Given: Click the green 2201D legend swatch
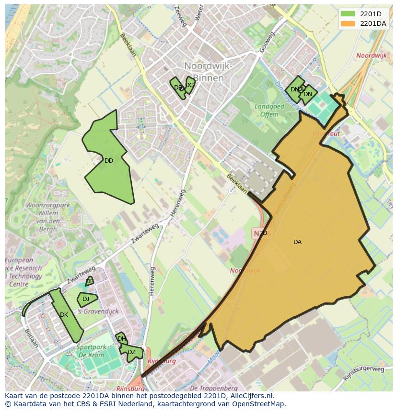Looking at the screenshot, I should pos(348,13).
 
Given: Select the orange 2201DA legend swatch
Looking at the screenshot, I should pos(348,23).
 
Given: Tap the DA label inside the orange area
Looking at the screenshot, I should pos(297,242).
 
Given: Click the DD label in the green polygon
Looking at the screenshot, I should pos(109,161).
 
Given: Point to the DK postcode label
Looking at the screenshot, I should pos(64,315).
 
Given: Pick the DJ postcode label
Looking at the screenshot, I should pos(86,299).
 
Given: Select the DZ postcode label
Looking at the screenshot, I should pos(131,352).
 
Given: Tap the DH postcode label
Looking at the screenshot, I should pos(122,339).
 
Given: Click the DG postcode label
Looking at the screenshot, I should pos(189,85).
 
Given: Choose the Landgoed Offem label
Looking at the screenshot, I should pos(269,111).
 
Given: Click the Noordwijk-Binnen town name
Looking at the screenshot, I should pos(208,71).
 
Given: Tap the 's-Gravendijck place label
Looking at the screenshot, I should pos(98,312).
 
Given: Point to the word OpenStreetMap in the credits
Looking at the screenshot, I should pos(261,404).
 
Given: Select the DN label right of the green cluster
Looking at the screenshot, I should pos(308,94).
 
